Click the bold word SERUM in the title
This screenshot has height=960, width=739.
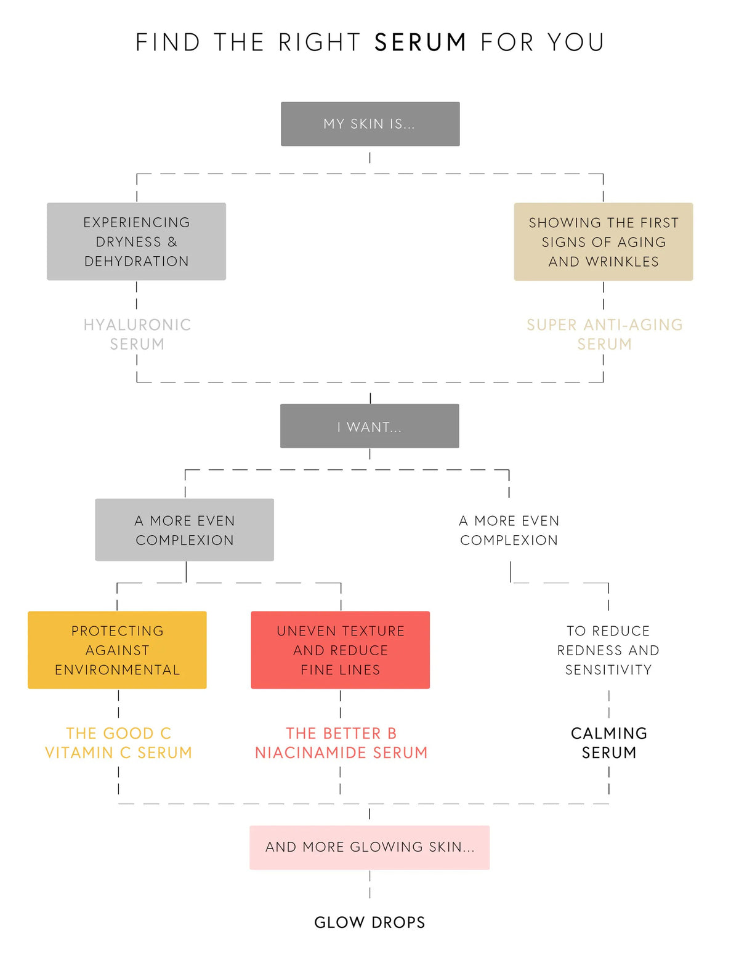pos(420,42)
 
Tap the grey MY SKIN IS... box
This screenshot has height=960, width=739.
pos(370,124)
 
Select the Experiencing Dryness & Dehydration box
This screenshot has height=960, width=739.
pos(136,241)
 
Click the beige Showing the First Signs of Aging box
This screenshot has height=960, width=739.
pos(604,241)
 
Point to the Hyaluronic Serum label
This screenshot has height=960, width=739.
pos(137,334)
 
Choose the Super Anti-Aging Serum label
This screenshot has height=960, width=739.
pos(604,334)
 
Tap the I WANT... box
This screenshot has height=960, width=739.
pos(369,426)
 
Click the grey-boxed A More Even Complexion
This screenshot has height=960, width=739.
pos(184,530)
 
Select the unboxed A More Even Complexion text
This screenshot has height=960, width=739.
pos(509,530)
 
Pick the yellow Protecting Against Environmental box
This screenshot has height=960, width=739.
pos(117,650)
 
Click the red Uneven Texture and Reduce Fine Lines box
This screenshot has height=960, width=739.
pos(341,650)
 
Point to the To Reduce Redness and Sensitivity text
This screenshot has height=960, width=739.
pos(608,650)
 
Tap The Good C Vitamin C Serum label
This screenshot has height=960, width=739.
pos(118,743)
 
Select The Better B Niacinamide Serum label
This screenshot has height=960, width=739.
pos(341,743)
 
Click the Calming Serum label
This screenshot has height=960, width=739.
pos(608,743)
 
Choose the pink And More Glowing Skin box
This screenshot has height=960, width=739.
pos(369,847)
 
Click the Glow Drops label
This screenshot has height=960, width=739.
pos(369,922)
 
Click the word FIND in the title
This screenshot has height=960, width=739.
pos(168,42)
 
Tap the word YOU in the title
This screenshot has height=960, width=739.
pos(576,42)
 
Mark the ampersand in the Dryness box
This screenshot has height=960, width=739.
pos(172,242)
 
